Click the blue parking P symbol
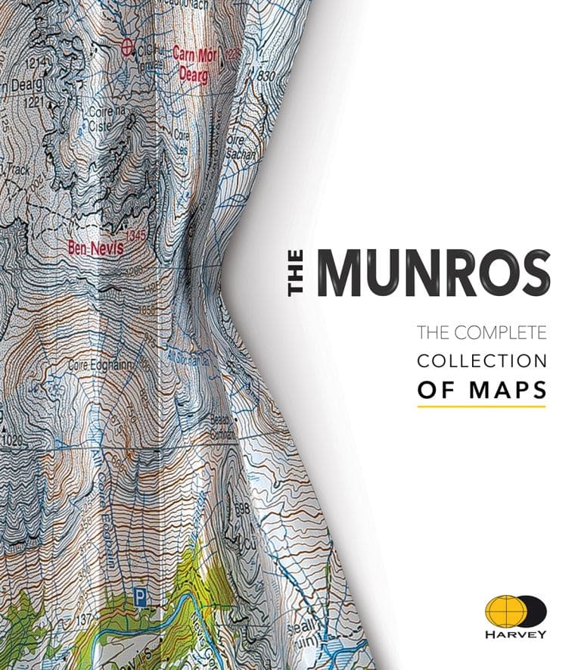[139, 597]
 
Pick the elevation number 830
[265, 76]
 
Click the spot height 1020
[14, 440]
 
